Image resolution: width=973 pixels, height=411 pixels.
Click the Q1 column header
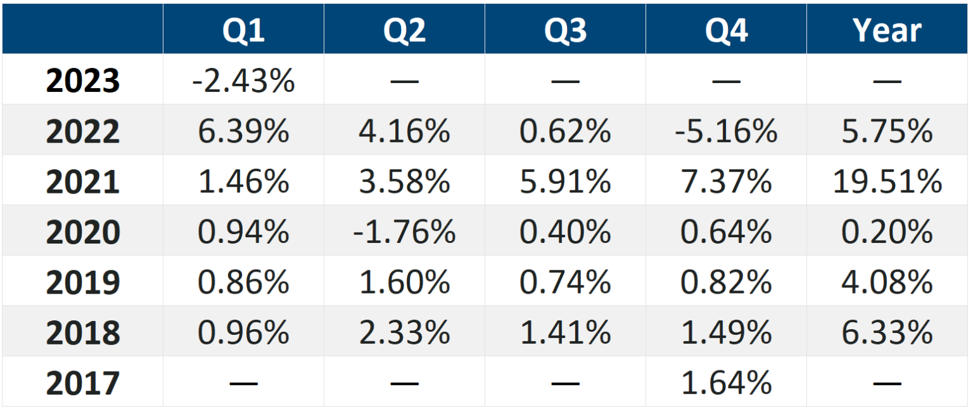pyautogui.click(x=243, y=30)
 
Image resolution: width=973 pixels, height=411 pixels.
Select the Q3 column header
pyautogui.click(x=565, y=30)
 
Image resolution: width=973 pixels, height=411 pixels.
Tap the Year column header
pyautogui.click(x=887, y=30)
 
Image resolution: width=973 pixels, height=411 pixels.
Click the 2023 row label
pyautogui.click(x=82, y=81)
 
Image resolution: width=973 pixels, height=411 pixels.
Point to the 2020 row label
pyautogui.click(x=82, y=232)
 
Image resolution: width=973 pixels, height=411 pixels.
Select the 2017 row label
pyautogui.click(x=82, y=383)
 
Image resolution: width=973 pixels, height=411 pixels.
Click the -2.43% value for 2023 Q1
pyautogui.click(x=243, y=81)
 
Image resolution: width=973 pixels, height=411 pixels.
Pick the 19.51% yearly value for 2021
pyautogui.click(x=887, y=182)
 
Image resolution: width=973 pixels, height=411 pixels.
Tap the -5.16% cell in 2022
pyautogui.click(x=726, y=131)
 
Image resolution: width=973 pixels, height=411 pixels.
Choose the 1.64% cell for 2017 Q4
pyautogui.click(x=726, y=383)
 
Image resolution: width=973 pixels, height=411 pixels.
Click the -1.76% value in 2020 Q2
pyautogui.click(x=404, y=232)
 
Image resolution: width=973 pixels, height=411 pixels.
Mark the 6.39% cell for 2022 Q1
pyautogui.click(x=243, y=131)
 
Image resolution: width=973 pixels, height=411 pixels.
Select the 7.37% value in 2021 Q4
pyautogui.click(x=726, y=182)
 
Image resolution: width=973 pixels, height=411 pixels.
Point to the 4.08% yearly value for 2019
pyautogui.click(x=887, y=282)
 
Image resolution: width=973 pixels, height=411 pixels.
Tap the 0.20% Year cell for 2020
pyautogui.click(x=887, y=232)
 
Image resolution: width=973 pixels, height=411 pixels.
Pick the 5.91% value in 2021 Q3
pyautogui.click(x=565, y=182)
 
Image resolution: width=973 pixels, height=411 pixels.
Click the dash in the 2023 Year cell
pyautogui.click(x=887, y=81)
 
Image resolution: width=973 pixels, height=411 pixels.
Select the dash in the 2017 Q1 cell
pyautogui.click(x=243, y=383)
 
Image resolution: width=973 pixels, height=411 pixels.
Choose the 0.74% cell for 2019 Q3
pyautogui.click(x=565, y=282)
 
